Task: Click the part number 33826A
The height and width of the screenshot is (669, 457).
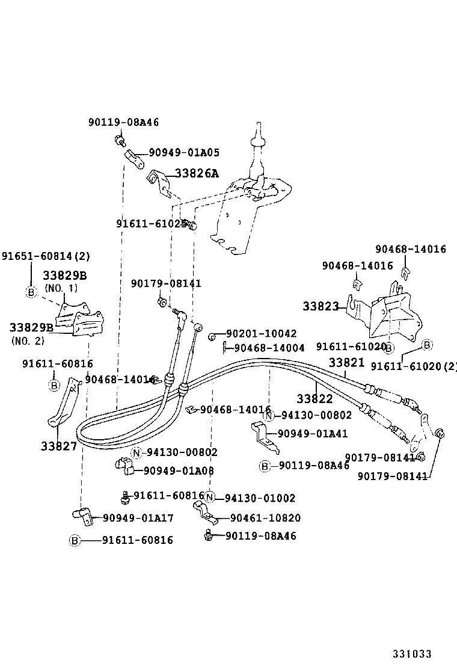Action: pyautogui.click(x=197, y=173)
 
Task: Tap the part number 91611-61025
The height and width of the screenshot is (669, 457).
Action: pyautogui.click(x=151, y=223)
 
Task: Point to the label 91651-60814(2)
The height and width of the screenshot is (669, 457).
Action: pyautogui.click(x=46, y=256)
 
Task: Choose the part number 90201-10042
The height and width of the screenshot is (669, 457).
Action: pyautogui.click(x=262, y=333)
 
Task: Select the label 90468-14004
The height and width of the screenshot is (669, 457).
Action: pyautogui.click(x=269, y=348)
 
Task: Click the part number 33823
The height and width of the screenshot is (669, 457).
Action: pyautogui.click(x=321, y=306)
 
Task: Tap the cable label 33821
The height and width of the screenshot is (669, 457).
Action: pyautogui.click(x=346, y=362)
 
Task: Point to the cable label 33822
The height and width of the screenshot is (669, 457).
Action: pyautogui.click(x=314, y=398)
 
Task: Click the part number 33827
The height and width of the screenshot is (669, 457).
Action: pyautogui.click(x=59, y=446)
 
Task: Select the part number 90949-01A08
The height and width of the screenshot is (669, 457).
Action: pyautogui.click(x=178, y=470)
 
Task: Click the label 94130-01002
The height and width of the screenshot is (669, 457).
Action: pyautogui.click(x=260, y=498)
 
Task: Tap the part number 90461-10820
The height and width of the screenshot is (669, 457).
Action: pyautogui.click(x=265, y=518)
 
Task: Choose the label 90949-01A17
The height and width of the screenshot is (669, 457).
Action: pyautogui.click(x=138, y=517)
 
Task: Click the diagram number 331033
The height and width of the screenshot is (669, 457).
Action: pyautogui.click(x=413, y=654)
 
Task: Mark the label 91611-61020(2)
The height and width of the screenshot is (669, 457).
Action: pyautogui.click(x=414, y=366)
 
